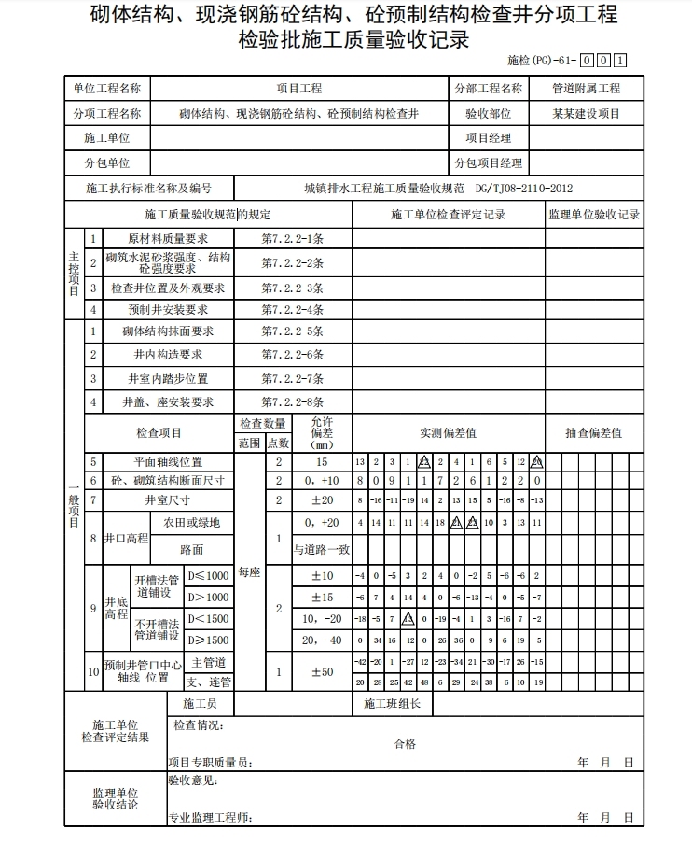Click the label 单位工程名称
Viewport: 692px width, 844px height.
[x=107, y=89]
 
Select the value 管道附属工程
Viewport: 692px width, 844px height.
[x=586, y=89]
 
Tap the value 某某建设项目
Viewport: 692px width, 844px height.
[x=586, y=114]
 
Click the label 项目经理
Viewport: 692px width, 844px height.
[x=489, y=138]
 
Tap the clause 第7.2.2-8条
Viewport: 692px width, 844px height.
[x=292, y=402]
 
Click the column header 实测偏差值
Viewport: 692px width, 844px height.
[x=448, y=433]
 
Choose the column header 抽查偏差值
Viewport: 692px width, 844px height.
[x=594, y=433]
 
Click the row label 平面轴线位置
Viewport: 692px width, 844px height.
[x=169, y=462]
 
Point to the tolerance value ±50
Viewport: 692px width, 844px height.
[x=322, y=672]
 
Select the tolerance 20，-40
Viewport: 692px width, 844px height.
[x=322, y=640]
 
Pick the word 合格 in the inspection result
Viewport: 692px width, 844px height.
[x=405, y=743]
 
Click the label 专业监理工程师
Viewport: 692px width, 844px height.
[x=210, y=818]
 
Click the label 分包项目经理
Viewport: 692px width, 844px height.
[x=489, y=163]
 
